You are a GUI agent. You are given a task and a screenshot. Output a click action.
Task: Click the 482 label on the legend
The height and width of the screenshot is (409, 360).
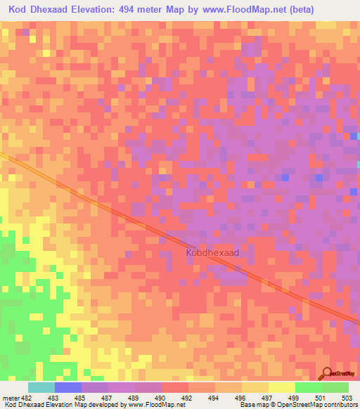tap(26, 398)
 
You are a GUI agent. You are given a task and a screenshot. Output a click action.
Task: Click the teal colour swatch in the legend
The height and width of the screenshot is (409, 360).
tap(41, 387)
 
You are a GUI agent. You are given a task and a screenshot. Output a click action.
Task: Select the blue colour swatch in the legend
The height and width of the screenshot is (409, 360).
tap(68, 387)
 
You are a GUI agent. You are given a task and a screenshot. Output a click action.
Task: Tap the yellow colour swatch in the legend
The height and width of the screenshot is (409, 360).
tap(281, 387)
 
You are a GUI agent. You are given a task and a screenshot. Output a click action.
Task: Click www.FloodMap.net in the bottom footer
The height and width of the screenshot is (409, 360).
tap(148, 405)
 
